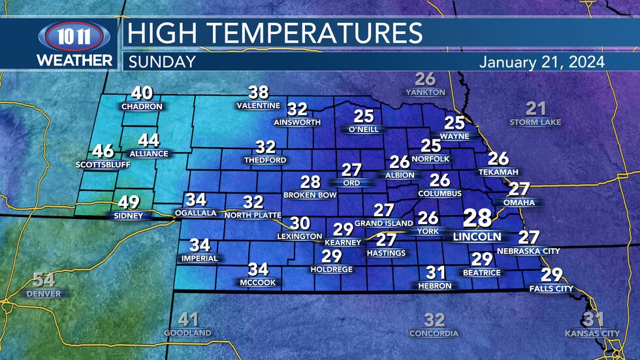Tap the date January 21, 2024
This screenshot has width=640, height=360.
[x=541, y=62]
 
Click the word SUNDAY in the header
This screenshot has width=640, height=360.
[x=162, y=62]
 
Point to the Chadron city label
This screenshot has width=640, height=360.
[x=141, y=106]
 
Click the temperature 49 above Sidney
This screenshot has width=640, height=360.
[x=127, y=203]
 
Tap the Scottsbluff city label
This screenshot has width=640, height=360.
[x=103, y=165]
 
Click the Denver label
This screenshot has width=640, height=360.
[x=44, y=294]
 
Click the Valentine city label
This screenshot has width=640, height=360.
[x=259, y=106]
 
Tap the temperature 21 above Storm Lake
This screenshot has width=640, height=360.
[x=536, y=108]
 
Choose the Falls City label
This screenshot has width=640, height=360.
[x=551, y=288]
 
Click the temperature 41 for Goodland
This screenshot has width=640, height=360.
[x=188, y=319]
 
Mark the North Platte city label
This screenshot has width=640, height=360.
[x=252, y=215]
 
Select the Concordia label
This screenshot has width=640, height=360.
[x=434, y=333]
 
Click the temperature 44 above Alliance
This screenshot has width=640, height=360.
[x=149, y=140]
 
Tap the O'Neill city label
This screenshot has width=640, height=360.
[x=364, y=129]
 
